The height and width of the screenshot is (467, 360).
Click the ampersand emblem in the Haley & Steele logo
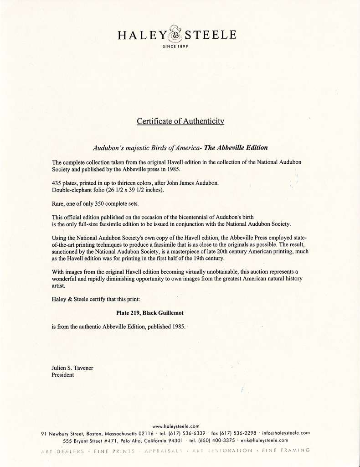(x=175, y=34)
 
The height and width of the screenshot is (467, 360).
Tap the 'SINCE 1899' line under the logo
(x=175, y=47)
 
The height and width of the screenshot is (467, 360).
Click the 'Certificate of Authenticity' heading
(x=180, y=121)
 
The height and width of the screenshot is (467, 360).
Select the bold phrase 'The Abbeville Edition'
(x=236, y=148)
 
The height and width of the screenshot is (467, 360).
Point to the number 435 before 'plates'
(x=57, y=183)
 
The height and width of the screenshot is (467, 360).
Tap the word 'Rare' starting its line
(x=58, y=203)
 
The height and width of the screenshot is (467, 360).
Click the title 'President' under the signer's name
(x=63, y=375)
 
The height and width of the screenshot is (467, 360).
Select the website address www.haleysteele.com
(x=175, y=426)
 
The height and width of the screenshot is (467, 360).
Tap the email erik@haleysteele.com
(x=264, y=441)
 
